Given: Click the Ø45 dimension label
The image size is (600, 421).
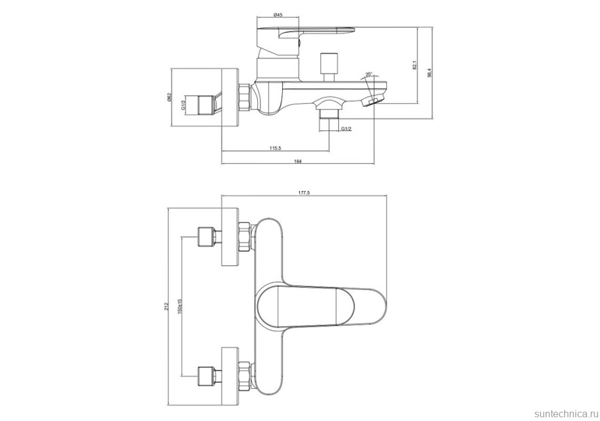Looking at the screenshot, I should pyautogui.click(x=278, y=16).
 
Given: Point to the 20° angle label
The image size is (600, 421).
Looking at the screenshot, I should pyautogui.click(x=369, y=75).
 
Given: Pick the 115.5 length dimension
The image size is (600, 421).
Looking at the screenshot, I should pyautogui.click(x=275, y=148).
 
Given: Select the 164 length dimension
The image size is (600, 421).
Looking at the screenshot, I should pyautogui.click(x=298, y=161).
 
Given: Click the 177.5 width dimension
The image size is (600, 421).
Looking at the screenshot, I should pyautogui.click(x=304, y=193).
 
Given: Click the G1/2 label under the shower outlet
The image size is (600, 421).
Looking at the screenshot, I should pyautogui.click(x=346, y=129).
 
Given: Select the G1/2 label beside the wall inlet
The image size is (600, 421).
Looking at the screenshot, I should pyautogui.click(x=184, y=104).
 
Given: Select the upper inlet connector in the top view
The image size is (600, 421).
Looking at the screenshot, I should pyautogui.click(x=208, y=238).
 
